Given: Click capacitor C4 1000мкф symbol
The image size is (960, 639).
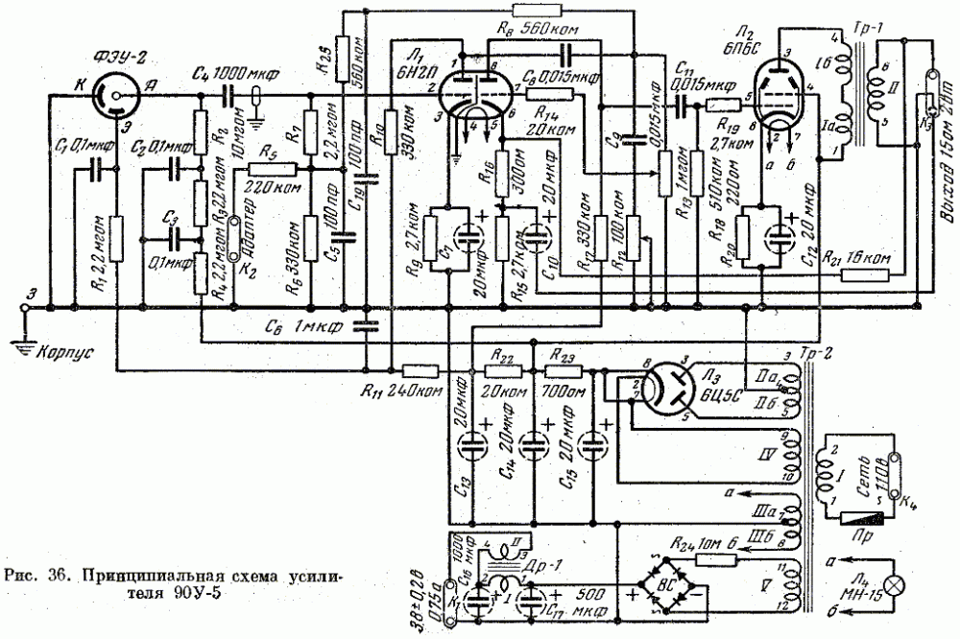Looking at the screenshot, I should pos(229,97).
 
